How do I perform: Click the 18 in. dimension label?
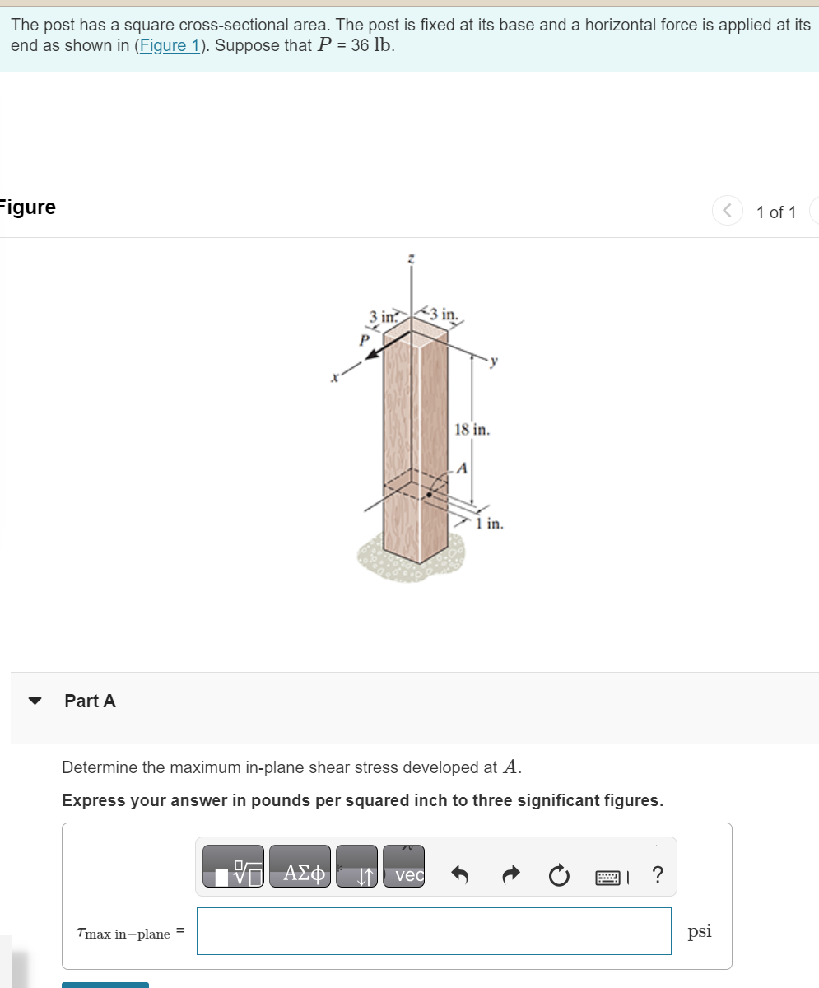tap(472, 430)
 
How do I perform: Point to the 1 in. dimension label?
tap(490, 524)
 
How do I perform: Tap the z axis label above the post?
tap(411, 259)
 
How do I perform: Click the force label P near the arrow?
tap(361, 338)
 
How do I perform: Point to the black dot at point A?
tap(429, 496)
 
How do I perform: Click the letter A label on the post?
tap(461, 468)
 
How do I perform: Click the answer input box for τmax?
tap(434, 931)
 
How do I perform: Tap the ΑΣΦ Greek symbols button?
tap(300, 874)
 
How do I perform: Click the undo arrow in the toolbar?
tap(460, 875)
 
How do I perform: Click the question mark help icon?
tap(656, 875)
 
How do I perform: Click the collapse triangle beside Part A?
tap(35, 701)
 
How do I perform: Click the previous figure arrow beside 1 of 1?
tap(728, 212)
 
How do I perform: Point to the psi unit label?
tap(700, 931)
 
